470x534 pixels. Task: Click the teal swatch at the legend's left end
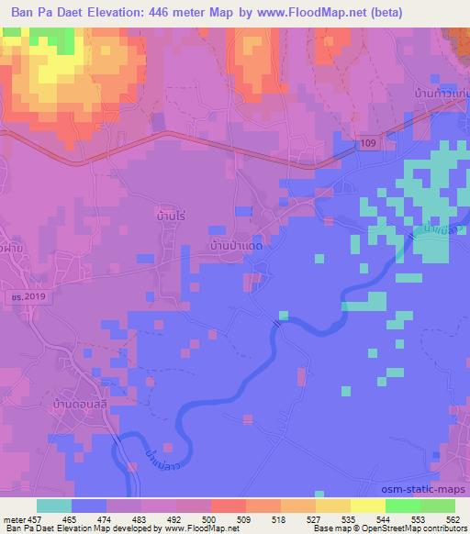click(54, 505)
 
